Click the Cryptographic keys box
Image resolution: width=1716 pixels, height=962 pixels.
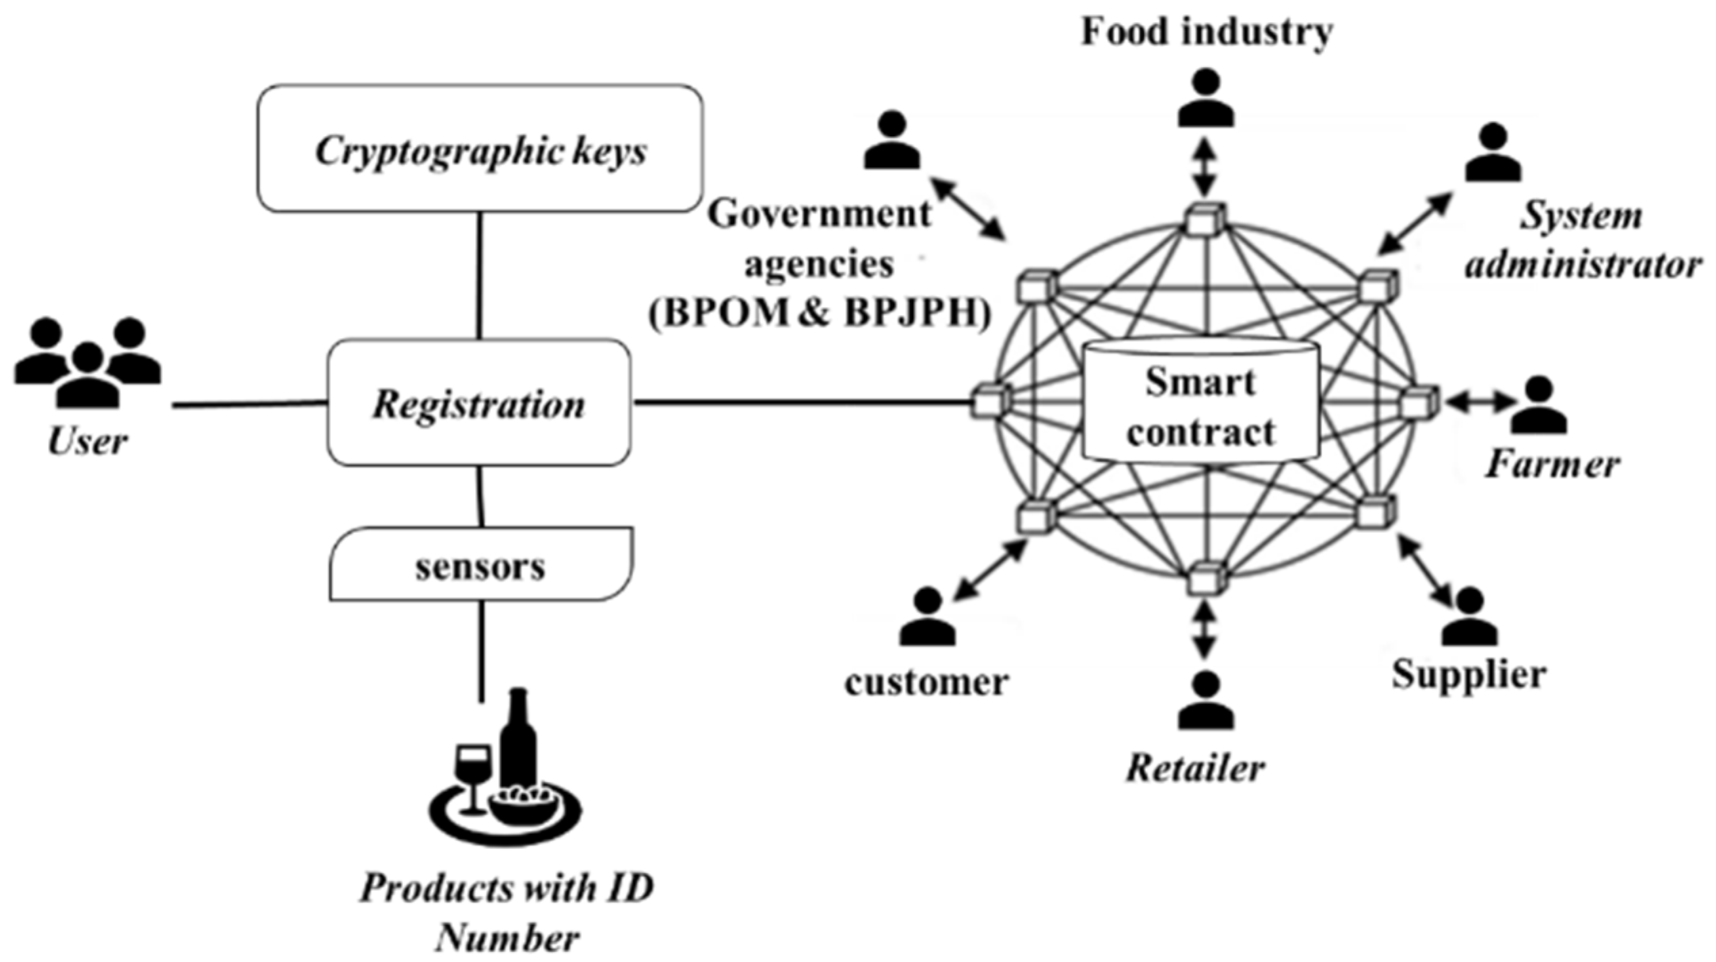(479, 148)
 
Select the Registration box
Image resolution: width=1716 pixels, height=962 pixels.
(479, 403)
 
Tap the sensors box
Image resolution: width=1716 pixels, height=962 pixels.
(481, 565)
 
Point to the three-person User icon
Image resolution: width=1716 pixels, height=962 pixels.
(87, 363)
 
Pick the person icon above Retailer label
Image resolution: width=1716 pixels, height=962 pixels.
(1205, 701)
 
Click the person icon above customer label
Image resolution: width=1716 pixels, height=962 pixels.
(927, 617)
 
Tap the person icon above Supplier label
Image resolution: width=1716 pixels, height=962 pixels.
(1468, 617)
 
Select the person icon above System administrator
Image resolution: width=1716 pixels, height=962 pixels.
(1493, 153)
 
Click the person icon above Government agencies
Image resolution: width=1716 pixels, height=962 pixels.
(892, 141)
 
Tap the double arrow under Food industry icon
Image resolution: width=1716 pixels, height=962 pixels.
(1205, 166)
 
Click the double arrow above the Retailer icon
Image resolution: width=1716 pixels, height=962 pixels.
(1204, 629)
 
